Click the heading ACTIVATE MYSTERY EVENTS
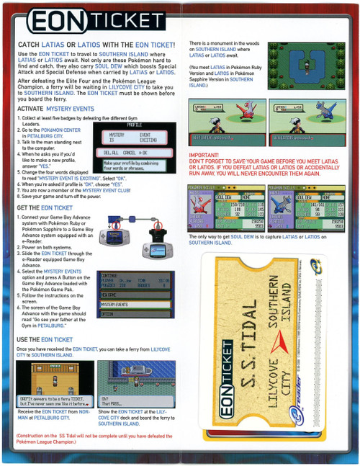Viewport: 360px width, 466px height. (x=55, y=108)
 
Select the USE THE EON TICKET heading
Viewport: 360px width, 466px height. (x=45, y=339)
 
